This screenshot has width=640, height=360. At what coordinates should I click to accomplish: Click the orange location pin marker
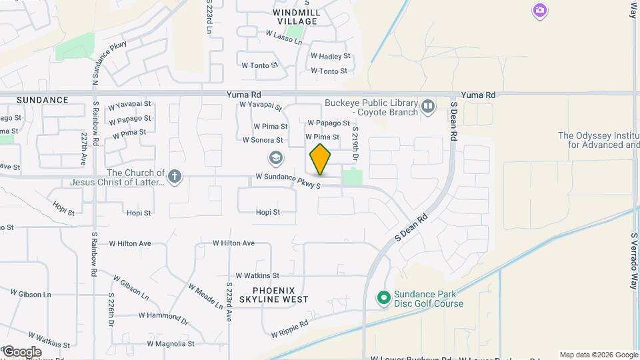click(320, 159)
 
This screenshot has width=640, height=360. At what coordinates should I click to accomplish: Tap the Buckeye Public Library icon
click(428, 105)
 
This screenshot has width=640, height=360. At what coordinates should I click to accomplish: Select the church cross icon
click(175, 177)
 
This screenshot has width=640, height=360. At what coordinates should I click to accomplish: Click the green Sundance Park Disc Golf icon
click(383, 297)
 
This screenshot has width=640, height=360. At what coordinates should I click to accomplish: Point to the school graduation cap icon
click(275, 158)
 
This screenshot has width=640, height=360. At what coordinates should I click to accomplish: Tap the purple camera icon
click(539, 11)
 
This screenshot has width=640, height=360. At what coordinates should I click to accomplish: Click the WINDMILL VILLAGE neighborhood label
click(297, 17)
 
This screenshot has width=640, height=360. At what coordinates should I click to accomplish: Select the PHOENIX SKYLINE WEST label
click(279, 295)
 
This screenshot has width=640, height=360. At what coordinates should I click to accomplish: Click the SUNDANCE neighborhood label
click(43, 100)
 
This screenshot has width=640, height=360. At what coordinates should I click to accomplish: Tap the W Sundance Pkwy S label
click(288, 177)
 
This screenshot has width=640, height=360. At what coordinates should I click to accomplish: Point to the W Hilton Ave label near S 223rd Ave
click(233, 243)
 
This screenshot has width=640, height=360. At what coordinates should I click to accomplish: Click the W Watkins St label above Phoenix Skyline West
click(257, 275)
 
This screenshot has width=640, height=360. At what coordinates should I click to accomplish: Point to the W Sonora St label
click(263, 141)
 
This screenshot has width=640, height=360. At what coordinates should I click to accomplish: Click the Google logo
click(21, 352)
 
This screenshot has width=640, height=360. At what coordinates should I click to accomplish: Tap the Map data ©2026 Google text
click(599, 355)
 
